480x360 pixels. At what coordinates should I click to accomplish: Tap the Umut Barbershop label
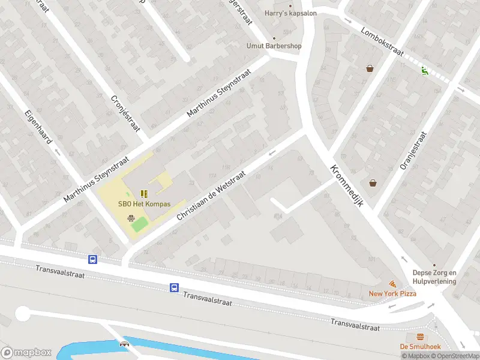[274, 46]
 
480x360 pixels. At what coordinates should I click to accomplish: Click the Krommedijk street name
[347, 186]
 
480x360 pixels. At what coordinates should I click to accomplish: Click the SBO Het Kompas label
[144, 204]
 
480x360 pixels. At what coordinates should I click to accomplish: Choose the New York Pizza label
[392, 293]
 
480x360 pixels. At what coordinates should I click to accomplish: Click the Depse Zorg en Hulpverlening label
[434, 277]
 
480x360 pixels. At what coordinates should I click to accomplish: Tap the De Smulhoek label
[420, 346]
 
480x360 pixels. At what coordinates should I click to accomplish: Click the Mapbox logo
[26, 353]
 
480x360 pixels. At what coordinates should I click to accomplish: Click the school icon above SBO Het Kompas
[143, 194]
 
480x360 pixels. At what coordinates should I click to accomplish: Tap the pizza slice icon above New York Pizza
[392, 283]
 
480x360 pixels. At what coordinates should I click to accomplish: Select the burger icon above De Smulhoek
[420, 337]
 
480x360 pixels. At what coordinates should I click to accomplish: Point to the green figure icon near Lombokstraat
[425, 71]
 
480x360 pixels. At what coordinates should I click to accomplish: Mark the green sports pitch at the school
[139, 224]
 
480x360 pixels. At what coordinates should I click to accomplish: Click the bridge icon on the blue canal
[125, 344]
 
